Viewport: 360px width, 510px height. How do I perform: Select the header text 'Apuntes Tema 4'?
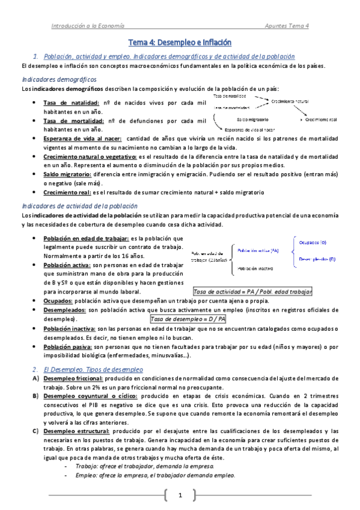tap(287, 26)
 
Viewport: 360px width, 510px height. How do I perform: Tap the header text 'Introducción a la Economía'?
tap(88, 26)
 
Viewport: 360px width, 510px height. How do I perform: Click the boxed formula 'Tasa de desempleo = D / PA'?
tap(188, 319)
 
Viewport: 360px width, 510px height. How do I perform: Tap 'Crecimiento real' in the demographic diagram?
tap(323, 119)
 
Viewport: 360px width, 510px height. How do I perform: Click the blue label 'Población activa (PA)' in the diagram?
tap(258, 250)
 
